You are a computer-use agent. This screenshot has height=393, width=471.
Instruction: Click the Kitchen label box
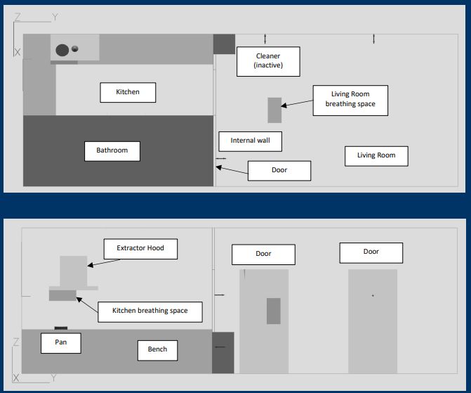tap(127, 92)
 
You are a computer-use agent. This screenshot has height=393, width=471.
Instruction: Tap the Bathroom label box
tap(112, 150)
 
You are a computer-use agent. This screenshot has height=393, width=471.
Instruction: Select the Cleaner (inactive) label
tap(267, 62)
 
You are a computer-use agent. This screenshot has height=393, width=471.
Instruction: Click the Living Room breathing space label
tap(350, 99)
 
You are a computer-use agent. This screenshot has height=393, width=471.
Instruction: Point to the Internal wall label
tap(250, 141)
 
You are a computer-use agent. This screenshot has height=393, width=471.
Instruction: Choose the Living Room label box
tap(376, 155)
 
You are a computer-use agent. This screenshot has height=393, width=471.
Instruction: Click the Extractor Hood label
tap(140, 249)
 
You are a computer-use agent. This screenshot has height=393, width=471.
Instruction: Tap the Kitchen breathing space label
tap(150, 311)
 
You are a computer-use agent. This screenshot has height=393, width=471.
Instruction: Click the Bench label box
tap(157, 349)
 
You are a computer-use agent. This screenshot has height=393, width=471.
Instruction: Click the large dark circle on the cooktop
tap(62, 50)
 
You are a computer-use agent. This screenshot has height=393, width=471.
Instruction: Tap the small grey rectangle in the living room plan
tap(274, 110)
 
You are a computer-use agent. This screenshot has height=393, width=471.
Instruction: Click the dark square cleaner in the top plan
tap(224, 44)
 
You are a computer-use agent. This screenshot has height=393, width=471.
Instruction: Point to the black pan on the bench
tap(61, 328)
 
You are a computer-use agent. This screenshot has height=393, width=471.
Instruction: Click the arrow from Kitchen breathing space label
tap(87, 303)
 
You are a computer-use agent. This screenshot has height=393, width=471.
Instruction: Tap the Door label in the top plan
tap(279, 170)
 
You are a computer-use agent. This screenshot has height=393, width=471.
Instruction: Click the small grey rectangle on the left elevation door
tap(274, 311)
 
